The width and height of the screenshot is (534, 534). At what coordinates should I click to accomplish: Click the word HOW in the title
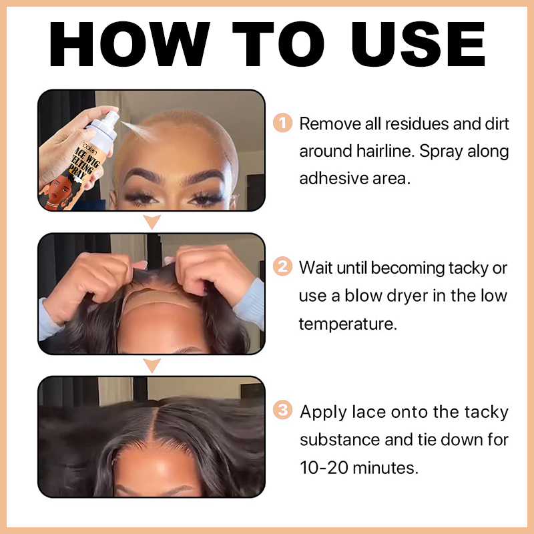(129, 44)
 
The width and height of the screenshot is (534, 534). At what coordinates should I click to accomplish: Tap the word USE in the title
(419, 44)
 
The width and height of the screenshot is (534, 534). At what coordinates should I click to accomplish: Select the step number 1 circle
(282, 123)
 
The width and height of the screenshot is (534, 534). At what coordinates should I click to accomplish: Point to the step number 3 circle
(282, 410)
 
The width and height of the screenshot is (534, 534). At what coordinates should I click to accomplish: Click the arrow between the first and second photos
(152, 222)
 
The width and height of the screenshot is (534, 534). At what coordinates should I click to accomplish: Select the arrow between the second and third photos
(152, 365)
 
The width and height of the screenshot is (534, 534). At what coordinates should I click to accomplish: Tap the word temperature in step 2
(348, 324)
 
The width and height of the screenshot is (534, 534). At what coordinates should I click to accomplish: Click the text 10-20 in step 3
(324, 468)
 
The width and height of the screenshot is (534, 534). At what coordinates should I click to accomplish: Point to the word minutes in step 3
(385, 468)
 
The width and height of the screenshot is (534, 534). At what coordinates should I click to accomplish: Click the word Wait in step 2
(315, 268)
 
